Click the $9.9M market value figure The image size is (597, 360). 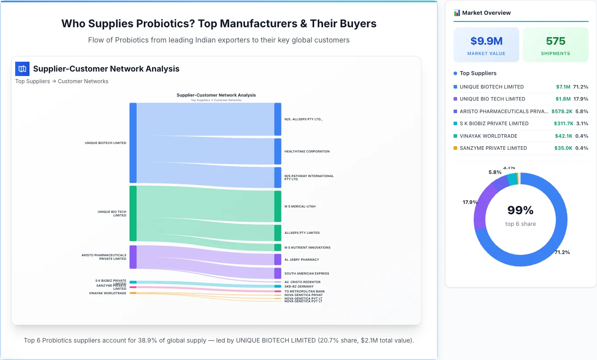[x=486, y=41]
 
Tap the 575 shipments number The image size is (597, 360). [x=555, y=41]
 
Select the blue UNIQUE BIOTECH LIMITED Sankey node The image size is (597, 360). [x=133, y=143]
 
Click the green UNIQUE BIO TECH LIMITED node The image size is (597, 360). [x=133, y=213]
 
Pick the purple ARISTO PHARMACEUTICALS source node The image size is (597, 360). [x=133, y=257]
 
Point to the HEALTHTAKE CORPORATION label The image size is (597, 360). [x=307, y=152]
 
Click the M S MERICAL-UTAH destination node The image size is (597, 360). [x=277, y=206]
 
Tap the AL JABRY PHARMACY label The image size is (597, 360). [x=302, y=260]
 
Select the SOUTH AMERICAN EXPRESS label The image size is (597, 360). [x=307, y=274]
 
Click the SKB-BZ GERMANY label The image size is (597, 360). [x=299, y=287]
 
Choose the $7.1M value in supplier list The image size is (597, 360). [x=563, y=87]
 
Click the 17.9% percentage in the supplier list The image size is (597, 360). [x=581, y=99]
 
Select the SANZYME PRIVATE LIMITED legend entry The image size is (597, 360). [x=493, y=148]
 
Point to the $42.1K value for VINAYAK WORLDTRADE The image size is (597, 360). [x=563, y=136]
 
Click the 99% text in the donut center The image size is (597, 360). [x=520, y=210]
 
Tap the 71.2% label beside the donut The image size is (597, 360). [x=562, y=252]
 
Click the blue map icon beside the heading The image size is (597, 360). [x=22, y=69]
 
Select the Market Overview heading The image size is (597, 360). [x=486, y=13]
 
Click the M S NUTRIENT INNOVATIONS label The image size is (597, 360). [x=307, y=248]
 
